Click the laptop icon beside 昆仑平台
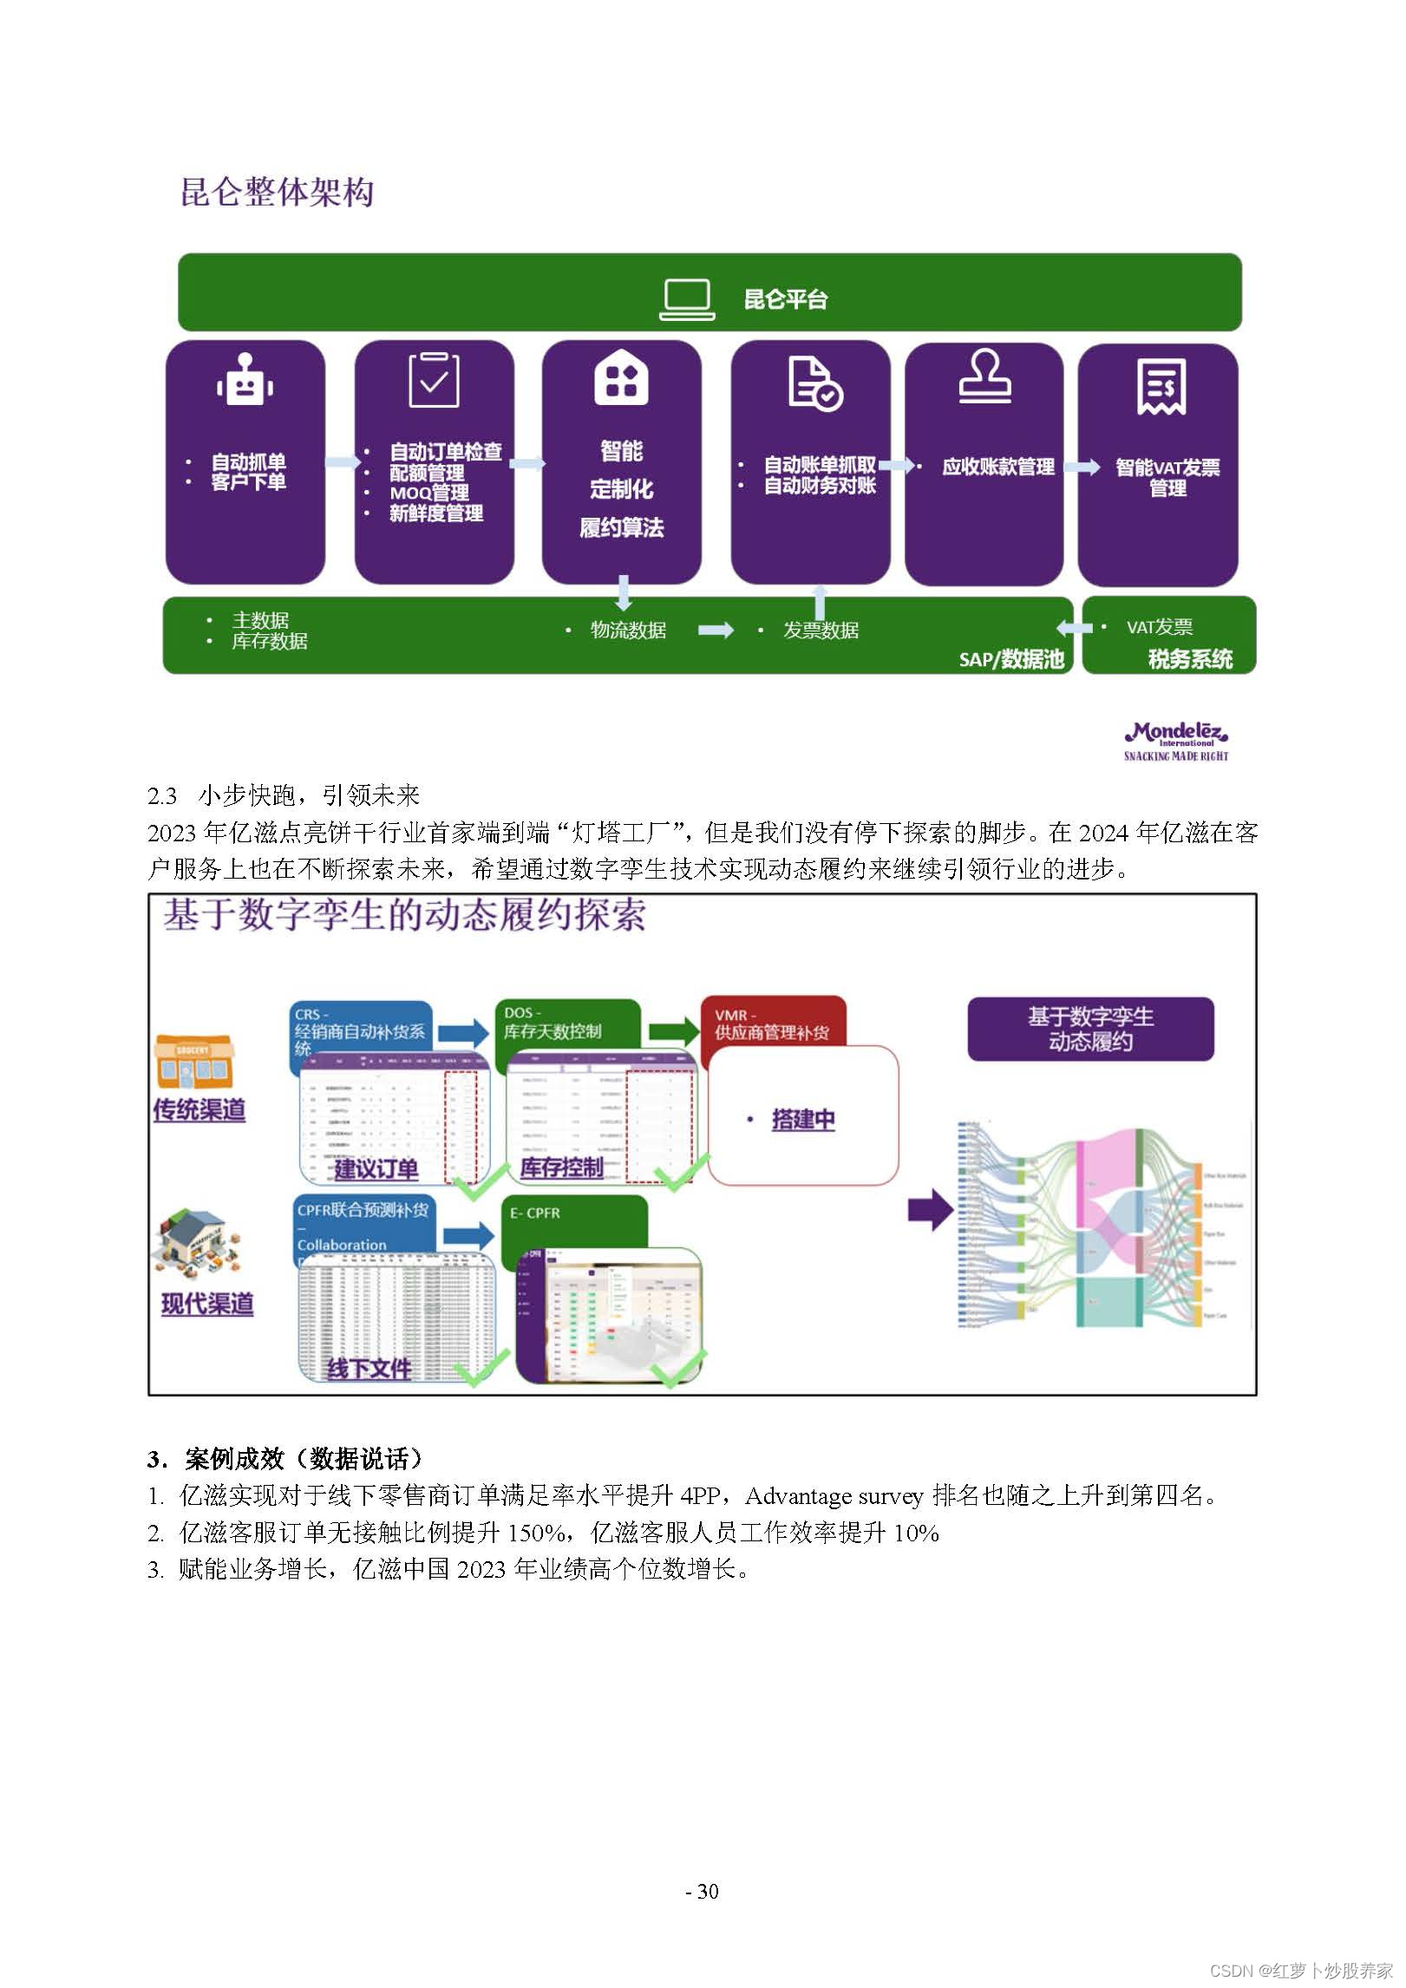(687, 299)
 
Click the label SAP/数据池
(1011, 659)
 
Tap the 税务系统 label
(1190, 659)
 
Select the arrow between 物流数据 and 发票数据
(716, 631)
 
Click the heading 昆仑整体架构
(277, 193)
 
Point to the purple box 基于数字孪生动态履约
(1090, 1029)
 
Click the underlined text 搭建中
(803, 1120)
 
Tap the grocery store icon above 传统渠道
(194, 1061)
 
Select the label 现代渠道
(207, 1304)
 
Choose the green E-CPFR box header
(574, 1220)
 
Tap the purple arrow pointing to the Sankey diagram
(931, 1209)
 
